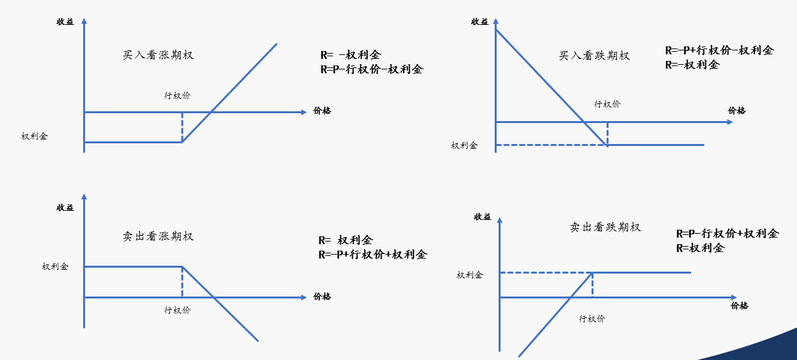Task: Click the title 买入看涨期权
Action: (158, 55)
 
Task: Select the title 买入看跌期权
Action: (594, 56)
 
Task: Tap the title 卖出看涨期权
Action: (158, 236)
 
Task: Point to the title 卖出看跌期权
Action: (605, 227)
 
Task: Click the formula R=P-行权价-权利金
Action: (372, 69)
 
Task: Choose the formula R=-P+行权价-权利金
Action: (719, 50)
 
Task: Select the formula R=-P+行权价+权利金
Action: (372, 255)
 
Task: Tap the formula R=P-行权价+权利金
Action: (727, 234)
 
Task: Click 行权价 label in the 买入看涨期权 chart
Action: (177, 96)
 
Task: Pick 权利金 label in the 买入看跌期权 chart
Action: (465, 145)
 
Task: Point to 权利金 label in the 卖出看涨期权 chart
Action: (55, 266)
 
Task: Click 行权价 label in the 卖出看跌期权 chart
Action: (592, 319)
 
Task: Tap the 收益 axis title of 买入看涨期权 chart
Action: (65, 22)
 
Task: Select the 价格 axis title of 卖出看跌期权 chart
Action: (739, 306)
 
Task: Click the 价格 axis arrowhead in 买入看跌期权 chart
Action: (730, 122)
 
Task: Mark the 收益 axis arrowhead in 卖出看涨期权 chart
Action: (84, 196)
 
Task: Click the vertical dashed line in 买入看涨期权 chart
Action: (182, 127)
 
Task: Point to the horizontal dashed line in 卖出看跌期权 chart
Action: (546, 273)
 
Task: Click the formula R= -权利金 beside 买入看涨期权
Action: (351, 55)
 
